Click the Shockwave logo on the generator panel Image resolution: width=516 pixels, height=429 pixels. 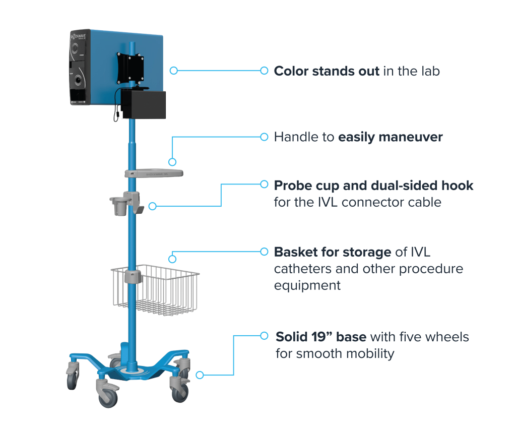click(78, 36)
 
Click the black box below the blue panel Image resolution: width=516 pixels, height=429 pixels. click(144, 104)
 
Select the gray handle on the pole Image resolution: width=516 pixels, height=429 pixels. click(154, 173)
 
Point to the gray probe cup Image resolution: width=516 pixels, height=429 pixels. click(119, 206)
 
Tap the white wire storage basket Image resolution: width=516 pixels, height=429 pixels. click(155, 290)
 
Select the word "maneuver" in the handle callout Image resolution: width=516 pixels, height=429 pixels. click(411, 137)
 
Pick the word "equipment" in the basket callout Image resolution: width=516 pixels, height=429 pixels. click(307, 286)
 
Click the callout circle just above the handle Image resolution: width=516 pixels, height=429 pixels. click(172, 162)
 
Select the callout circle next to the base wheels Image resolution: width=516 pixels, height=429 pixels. click(200, 375)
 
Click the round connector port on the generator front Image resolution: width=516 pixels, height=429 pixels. click(79, 80)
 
